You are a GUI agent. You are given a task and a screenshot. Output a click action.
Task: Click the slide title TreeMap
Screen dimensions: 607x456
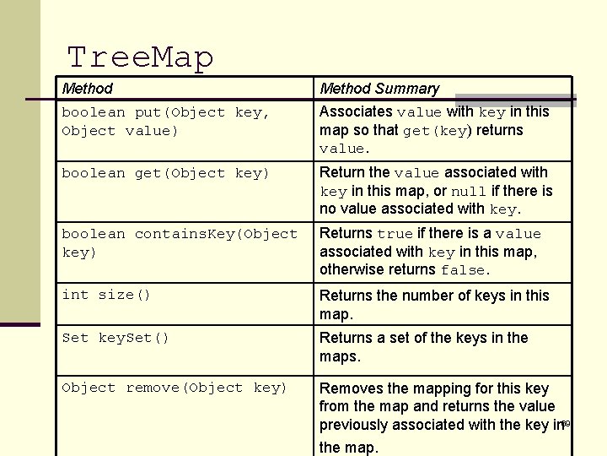[x=140, y=57]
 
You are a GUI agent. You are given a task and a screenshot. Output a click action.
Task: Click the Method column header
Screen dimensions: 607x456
[x=88, y=89]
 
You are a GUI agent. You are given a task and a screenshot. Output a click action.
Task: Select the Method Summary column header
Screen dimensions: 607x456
[x=379, y=89]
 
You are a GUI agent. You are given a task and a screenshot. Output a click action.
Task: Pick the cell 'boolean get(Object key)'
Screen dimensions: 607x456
[x=165, y=173]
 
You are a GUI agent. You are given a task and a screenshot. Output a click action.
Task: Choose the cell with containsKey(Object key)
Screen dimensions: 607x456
[x=180, y=243]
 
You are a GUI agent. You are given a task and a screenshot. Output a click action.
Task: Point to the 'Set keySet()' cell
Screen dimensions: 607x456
[x=115, y=338]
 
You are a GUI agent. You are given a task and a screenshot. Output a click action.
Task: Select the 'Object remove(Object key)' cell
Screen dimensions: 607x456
[x=175, y=388]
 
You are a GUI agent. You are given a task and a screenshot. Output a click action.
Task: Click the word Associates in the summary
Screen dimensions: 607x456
[x=356, y=111]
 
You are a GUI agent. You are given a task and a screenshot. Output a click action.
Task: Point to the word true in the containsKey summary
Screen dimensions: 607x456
[x=395, y=234]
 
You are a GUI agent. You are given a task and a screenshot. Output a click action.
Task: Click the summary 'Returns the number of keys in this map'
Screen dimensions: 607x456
[x=433, y=304]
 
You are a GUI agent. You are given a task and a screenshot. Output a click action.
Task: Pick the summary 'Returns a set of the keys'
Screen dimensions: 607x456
[x=423, y=346]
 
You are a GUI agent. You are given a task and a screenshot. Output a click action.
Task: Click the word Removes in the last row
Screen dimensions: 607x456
[x=350, y=388]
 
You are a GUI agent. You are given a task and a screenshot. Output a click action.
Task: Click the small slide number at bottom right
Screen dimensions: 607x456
[x=566, y=423]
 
